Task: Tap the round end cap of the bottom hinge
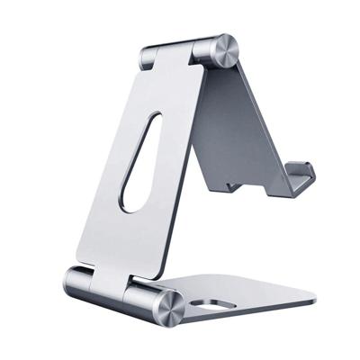(x=168, y=307)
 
